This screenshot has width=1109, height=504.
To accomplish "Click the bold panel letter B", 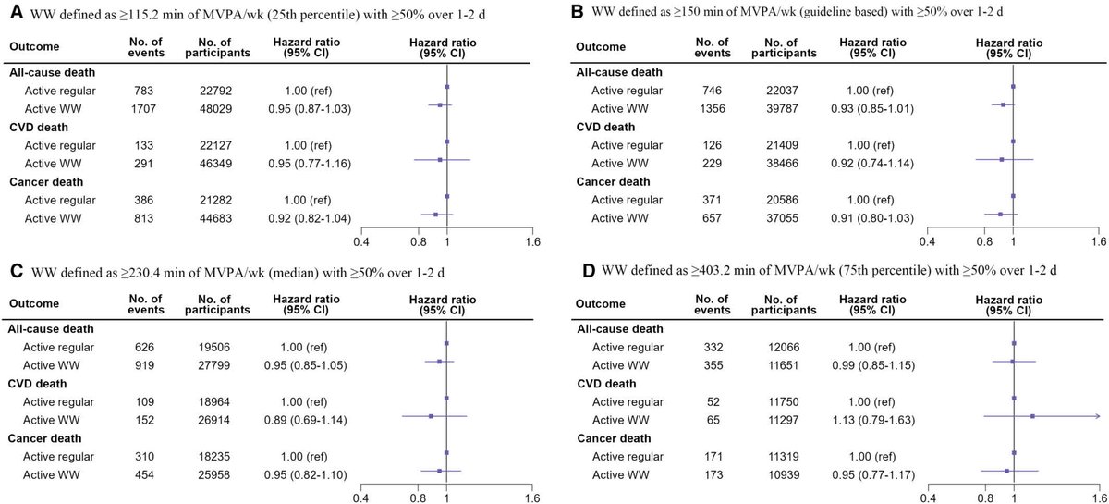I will (579, 13).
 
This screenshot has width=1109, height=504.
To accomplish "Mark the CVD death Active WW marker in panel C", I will (431, 417).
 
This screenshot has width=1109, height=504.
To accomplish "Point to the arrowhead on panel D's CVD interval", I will (1095, 417).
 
